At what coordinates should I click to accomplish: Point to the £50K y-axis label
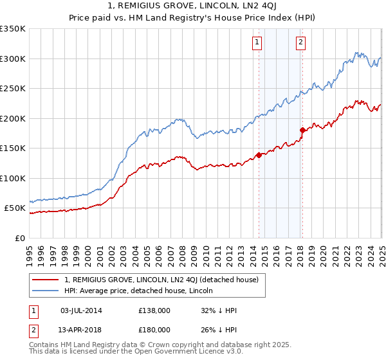pos(15,208)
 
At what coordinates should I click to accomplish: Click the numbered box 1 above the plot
pos(257,43)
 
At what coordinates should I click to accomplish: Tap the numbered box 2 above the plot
pos(300,43)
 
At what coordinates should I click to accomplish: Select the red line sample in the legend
pos(46,280)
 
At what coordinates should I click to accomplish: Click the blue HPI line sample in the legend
pos(46,291)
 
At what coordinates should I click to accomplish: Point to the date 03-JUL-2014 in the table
pos(81,310)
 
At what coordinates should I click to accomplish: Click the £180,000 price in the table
pos(154,328)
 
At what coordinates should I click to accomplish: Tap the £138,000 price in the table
pos(154,310)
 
